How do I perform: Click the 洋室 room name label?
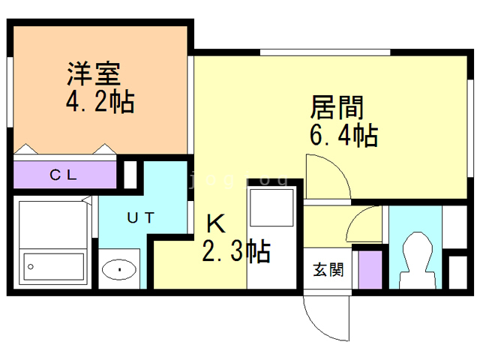tap(94, 75)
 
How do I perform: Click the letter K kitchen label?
tap(215, 223)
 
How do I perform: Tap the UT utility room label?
tap(140, 218)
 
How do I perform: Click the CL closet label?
tap(63, 176)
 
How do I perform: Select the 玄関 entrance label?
tap(328, 269)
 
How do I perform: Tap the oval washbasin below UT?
tap(118, 269)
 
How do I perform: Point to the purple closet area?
tap(64, 175)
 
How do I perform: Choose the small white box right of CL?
tap(130, 174)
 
